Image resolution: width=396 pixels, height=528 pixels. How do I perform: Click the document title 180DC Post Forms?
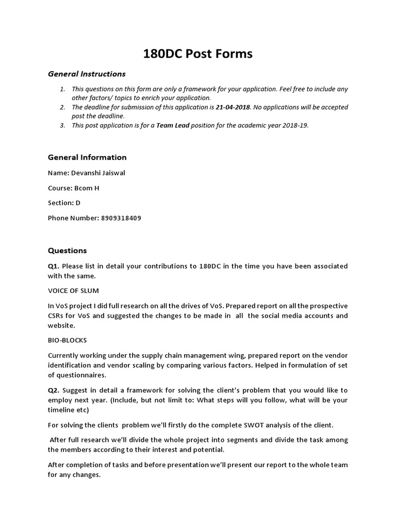click(197, 53)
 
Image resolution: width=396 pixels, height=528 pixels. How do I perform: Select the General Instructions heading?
click(87, 74)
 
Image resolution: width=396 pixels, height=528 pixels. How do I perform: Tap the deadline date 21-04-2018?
click(234, 107)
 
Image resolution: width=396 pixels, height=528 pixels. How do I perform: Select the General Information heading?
click(87, 157)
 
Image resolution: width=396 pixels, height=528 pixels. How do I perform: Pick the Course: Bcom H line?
click(74, 188)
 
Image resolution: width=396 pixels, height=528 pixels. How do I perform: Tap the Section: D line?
click(64, 203)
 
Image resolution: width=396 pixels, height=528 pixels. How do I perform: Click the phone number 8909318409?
click(120, 218)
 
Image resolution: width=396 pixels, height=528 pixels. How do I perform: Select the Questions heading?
click(68, 251)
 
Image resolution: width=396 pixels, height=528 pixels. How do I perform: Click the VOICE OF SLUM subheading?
click(74, 291)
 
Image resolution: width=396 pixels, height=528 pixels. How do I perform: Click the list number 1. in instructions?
click(62, 89)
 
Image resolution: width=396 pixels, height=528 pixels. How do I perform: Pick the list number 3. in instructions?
click(62, 125)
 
